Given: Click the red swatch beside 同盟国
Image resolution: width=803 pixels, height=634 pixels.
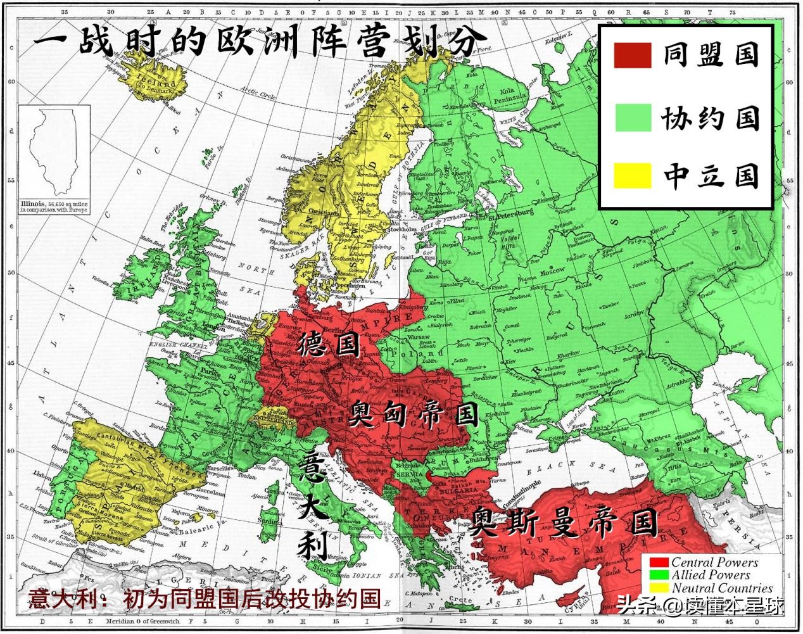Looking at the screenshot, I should [x=632, y=56].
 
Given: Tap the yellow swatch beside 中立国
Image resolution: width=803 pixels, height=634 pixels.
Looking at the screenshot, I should [x=632, y=175].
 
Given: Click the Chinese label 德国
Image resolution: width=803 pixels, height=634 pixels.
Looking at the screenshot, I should [x=329, y=345].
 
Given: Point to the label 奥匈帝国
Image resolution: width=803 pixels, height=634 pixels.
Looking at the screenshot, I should [x=413, y=415].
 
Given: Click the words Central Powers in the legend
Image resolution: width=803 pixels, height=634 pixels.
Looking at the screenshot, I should [x=714, y=562].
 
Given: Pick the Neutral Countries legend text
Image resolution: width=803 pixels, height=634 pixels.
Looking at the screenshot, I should [x=721, y=588].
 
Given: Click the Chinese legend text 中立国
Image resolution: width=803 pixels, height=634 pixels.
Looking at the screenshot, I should [x=711, y=175].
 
